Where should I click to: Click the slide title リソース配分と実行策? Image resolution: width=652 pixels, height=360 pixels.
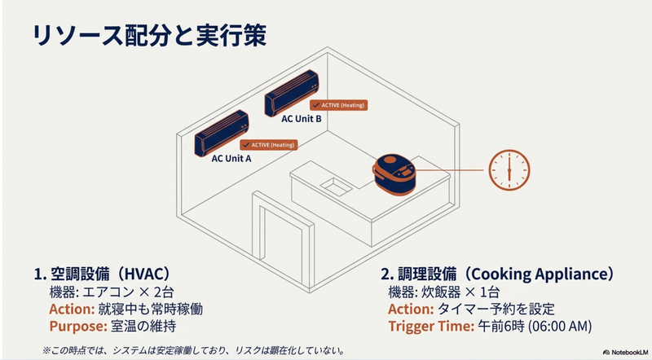[x=147, y=37]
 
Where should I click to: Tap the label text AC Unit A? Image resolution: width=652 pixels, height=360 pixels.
[x=231, y=158]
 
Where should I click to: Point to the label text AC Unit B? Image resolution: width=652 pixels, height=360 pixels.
[x=302, y=119]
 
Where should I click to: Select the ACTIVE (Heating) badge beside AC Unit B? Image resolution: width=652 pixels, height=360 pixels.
[x=338, y=105]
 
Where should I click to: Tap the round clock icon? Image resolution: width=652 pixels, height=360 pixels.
[x=508, y=171]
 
